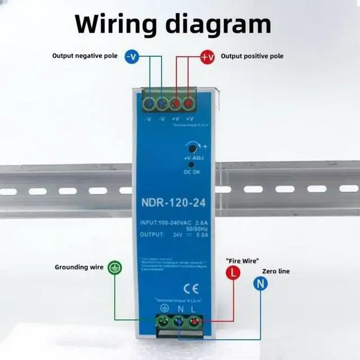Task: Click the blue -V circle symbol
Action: [x=131, y=56]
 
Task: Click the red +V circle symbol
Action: [x=208, y=56]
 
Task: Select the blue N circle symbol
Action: [x=260, y=284]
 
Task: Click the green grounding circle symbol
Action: [x=114, y=267]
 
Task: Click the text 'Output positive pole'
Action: [x=252, y=56]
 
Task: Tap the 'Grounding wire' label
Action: [x=79, y=267]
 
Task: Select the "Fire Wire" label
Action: [x=242, y=260]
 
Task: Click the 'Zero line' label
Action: [x=276, y=271]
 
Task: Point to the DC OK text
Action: [x=192, y=172]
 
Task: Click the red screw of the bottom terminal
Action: [x=194, y=322]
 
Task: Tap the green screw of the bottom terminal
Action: [x=164, y=322]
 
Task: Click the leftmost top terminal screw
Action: [x=150, y=103]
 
